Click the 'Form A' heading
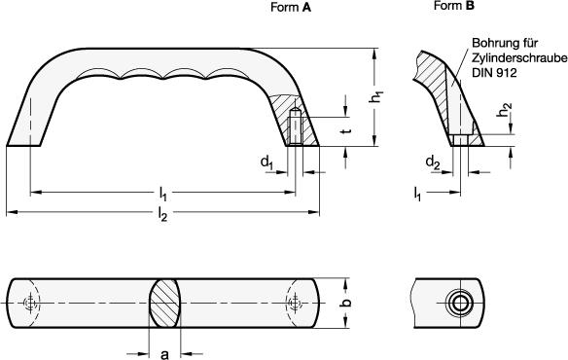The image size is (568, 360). pos(291,8)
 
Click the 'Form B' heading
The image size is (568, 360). pos(454,6)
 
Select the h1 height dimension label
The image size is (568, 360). pos(377,96)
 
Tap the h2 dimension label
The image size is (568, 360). pos(505,110)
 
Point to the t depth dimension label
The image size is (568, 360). pos(346,129)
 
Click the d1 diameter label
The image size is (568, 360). pos(266,162)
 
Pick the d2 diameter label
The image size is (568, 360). pos(433,162)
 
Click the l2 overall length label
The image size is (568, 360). pos(162,215)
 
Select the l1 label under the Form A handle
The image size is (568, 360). pos(162,195)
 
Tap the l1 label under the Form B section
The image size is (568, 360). pos(417,195)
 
